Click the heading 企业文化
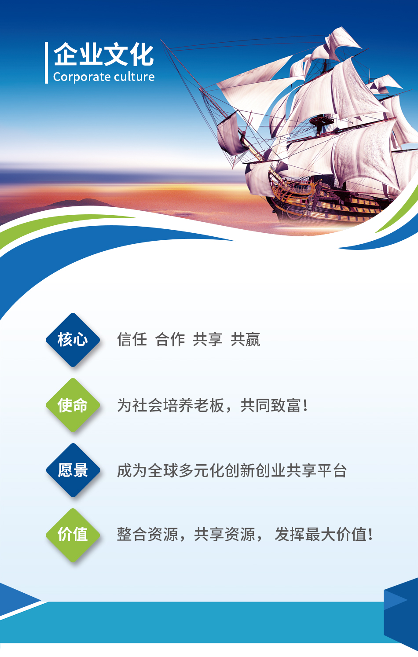(x=103, y=55)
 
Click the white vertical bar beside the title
(x=46, y=62)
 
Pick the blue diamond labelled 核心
(x=73, y=340)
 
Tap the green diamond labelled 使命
(x=73, y=405)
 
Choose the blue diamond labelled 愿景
(x=73, y=470)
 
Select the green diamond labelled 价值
(x=73, y=535)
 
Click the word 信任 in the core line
(x=132, y=339)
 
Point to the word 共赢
(x=245, y=339)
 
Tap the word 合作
(x=170, y=339)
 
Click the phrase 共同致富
(x=271, y=405)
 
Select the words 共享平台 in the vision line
(x=316, y=470)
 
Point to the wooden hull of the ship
(x=326, y=202)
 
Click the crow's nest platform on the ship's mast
(x=322, y=120)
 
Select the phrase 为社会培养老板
(x=170, y=405)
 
